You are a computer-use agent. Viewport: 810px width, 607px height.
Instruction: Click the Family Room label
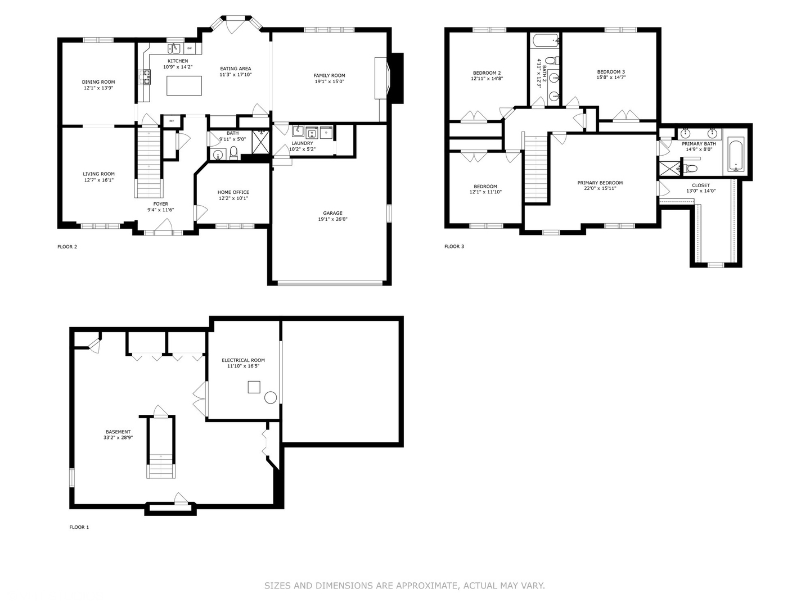[x=329, y=75]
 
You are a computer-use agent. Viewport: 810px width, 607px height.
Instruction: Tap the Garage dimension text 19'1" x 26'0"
[x=332, y=219]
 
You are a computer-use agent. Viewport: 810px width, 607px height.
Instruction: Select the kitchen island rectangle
[x=184, y=85]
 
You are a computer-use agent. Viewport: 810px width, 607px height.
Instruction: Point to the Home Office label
[x=233, y=192]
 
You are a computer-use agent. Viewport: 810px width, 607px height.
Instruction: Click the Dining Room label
[x=98, y=82]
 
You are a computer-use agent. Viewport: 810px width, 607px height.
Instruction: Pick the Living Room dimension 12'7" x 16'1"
[x=98, y=180]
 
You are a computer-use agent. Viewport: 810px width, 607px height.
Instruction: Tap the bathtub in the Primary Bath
[x=736, y=155]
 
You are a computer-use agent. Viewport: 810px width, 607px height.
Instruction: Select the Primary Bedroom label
[x=600, y=183]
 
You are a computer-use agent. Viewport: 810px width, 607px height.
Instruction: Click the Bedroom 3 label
[x=611, y=72]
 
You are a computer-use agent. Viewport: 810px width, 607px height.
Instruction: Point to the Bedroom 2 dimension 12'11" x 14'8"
[x=487, y=79]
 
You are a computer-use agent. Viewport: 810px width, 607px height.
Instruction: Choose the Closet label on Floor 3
[x=701, y=185]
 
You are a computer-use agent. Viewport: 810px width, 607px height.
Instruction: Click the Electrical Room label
[x=243, y=360]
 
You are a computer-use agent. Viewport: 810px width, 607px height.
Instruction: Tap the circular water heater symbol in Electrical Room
[x=271, y=398]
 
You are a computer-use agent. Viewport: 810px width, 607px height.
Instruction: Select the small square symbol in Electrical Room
[x=254, y=387]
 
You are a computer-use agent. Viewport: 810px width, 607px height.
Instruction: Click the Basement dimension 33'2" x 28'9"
[x=118, y=438]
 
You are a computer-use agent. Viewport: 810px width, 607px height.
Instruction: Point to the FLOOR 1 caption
[x=79, y=527]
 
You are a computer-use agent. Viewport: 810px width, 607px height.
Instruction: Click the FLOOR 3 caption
[x=454, y=246]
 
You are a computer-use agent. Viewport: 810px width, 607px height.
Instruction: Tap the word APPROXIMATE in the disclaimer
[x=427, y=586]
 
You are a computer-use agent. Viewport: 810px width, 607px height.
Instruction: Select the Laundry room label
[x=302, y=143]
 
